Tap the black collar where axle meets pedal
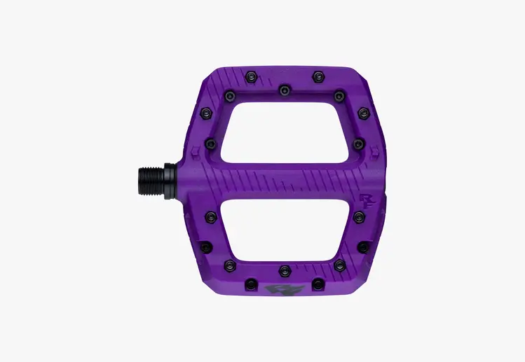click(x=170, y=181)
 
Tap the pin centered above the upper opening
click(x=284, y=90)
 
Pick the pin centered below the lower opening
click(x=284, y=270)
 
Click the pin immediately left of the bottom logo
click(x=250, y=284)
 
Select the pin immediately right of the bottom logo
click(x=317, y=284)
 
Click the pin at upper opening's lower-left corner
click(x=210, y=144)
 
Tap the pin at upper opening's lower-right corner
click(x=358, y=144)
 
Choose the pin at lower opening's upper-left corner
click(x=210, y=218)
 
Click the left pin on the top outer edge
click(x=250, y=76)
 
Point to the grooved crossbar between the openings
click(x=284, y=181)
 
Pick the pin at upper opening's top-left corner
click(x=229, y=96)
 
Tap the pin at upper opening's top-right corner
click(x=339, y=96)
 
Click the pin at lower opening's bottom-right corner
click(x=339, y=265)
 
